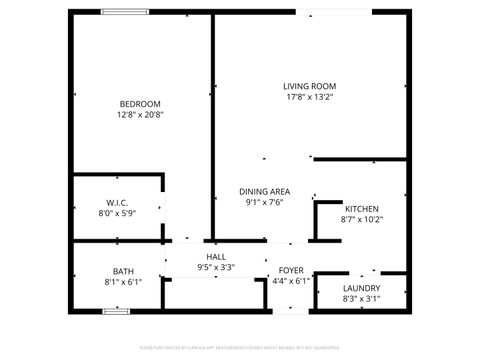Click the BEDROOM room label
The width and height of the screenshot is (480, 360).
point(140,104)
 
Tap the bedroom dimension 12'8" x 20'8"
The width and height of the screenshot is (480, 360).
point(140,115)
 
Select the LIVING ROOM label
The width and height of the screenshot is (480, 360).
point(309,86)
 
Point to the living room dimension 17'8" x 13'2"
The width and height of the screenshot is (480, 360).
point(309,97)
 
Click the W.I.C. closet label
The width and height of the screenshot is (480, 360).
point(116,203)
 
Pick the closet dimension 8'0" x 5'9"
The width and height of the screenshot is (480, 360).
point(116,214)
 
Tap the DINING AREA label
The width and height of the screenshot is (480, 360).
point(265,190)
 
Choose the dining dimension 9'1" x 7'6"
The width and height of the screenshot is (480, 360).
point(265,201)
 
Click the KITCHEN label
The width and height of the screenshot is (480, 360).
point(362,208)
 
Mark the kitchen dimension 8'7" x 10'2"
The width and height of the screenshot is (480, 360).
point(362,219)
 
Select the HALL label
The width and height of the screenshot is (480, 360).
point(216,256)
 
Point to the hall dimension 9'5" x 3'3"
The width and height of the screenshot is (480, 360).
point(216,267)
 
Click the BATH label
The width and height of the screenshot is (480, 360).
point(123,271)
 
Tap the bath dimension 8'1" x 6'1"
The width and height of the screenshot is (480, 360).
point(123,282)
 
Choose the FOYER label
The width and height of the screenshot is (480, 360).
point(291,270)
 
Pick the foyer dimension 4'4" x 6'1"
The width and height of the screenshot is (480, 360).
point(291,281)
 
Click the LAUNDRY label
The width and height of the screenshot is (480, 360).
point(362,287)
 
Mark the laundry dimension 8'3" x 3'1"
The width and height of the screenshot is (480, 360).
point(362,298)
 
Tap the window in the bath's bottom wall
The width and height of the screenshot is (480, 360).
point(116,312)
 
